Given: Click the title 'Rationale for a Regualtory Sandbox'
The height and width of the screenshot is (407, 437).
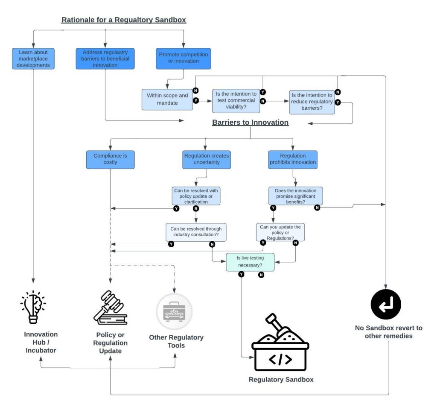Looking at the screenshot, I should click(124, 20).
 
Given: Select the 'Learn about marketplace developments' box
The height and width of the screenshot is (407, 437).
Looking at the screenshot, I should click(33, 59).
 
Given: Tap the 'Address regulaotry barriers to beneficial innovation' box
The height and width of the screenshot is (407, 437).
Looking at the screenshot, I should click(105, 59).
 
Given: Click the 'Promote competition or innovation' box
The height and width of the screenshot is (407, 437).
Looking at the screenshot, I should click(183, 58).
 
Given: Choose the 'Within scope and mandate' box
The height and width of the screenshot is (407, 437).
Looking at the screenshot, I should click(167, 99).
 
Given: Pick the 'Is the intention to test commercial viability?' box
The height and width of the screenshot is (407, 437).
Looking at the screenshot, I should click(236, 100).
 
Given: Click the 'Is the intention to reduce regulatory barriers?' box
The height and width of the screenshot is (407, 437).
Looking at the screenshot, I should click(312, 102).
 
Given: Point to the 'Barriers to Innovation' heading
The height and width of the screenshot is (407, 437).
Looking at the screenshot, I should click(250, 123).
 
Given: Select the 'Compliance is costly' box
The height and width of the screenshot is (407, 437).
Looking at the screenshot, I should click(110, 159).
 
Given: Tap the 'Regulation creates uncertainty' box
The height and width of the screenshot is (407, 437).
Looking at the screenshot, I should click(207, 159).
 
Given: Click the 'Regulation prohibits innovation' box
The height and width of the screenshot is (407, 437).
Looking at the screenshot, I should click(293, 159).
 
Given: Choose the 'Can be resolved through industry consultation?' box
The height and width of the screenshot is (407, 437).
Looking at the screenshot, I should click(196, 232).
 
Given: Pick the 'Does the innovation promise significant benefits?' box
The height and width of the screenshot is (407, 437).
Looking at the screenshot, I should click(295, 196).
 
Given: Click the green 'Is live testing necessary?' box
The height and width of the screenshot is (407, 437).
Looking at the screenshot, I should click(250, 261).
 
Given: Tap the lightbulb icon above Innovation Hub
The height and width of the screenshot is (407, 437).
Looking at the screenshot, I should click(33, 307).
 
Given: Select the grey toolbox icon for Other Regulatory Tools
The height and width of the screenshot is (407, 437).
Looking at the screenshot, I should click(174, 311).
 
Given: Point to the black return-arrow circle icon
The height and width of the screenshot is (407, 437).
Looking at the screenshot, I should click(386, 304).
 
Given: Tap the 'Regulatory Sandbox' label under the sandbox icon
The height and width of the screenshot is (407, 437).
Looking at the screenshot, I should click(281, 379).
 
